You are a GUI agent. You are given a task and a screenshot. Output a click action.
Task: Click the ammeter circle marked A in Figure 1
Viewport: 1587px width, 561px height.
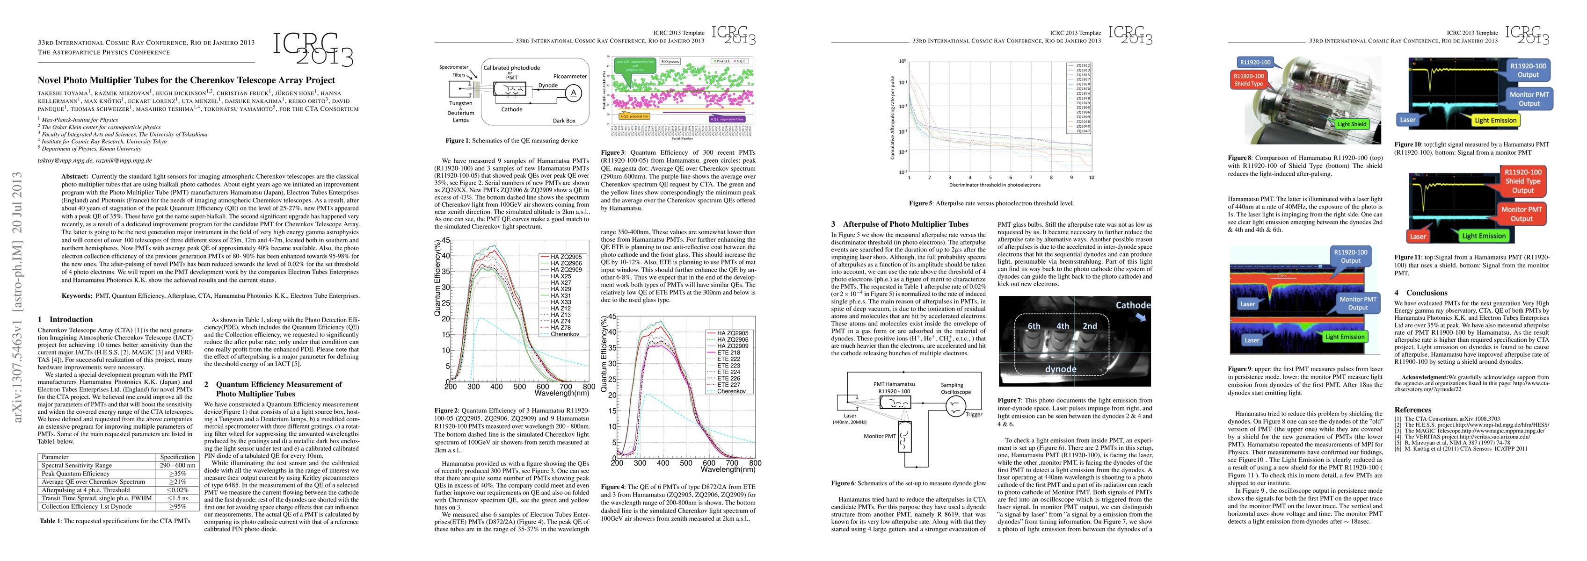(x=574, y=93)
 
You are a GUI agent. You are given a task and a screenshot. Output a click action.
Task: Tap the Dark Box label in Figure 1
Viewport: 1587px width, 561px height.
(x=564, y=121)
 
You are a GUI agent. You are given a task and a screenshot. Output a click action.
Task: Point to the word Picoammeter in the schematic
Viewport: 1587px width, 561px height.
(x=570, y=76)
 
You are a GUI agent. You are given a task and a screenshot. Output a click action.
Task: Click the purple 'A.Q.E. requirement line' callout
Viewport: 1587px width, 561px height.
(x=727, y=119)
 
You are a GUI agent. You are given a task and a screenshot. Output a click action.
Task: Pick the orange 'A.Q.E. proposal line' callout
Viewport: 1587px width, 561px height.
(x=633, y=116)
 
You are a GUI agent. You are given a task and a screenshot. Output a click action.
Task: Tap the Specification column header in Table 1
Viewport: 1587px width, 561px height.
(x=177, y=457)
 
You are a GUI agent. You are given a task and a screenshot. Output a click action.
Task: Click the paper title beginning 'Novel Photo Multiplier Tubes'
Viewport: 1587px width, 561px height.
(x=186, y=80)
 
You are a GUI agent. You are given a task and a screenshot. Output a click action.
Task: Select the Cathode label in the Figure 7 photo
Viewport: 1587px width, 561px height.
(x=1132, y=305)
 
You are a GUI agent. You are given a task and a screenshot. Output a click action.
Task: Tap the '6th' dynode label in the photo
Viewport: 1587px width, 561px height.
(x=1034, y=326)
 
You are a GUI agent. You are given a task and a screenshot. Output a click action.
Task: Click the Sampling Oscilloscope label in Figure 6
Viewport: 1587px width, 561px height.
(x=955, y=388)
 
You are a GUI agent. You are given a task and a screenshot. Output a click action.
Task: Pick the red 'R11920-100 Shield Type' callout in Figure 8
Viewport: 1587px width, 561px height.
(x=1248, y=79)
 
